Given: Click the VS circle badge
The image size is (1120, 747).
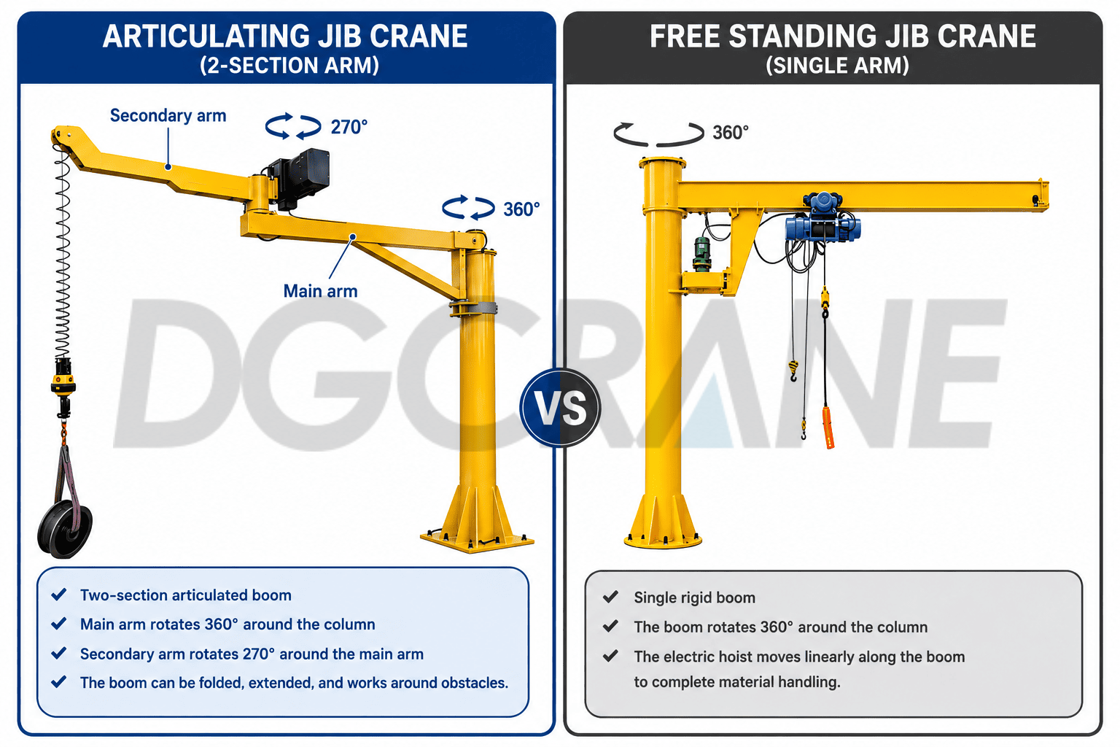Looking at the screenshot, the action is pos(560,407).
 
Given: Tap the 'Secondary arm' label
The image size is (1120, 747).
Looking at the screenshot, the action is pos(168,115).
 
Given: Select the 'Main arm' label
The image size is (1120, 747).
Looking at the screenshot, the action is pos(321,291).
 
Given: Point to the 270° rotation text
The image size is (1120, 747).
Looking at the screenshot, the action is pos(349,127).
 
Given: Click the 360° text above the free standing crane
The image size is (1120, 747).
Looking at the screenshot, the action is pos(731,133).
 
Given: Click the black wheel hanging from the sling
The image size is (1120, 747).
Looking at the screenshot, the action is pos(65,529).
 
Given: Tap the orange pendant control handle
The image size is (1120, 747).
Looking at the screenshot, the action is pos(828,427).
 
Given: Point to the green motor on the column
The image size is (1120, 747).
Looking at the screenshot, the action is pos(702,254).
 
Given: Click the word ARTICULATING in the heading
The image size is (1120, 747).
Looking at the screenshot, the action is pos(206,36).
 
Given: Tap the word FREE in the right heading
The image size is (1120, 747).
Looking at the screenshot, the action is pos(685,36).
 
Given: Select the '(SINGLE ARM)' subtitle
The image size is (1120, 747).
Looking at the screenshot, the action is pos(838,66).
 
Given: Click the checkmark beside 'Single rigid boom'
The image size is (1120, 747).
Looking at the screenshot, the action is pos(610,597).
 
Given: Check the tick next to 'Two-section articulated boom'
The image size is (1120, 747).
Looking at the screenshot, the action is pos(59,595).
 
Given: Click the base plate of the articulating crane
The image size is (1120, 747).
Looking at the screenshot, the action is pos(477,541).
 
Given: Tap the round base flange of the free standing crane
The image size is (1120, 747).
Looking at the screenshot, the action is pos(663,541).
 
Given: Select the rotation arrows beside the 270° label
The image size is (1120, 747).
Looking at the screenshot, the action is pos(293,126).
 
